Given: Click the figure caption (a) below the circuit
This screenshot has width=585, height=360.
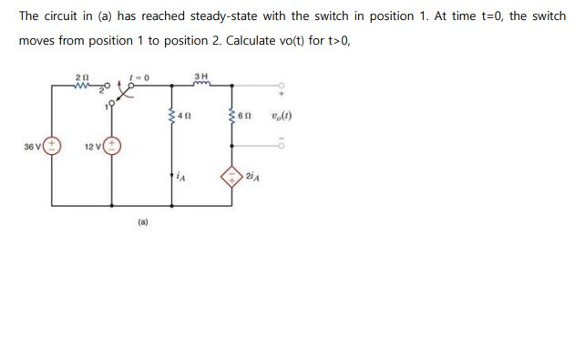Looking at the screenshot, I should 143,220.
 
